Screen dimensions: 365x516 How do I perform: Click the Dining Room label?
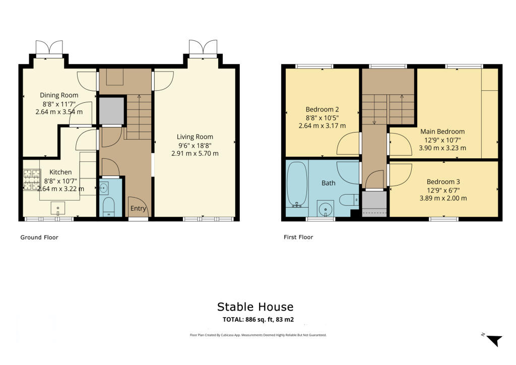tap(59, 95)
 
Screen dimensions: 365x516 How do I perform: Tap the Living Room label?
tap(195, 137)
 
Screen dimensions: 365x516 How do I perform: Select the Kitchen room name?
tap(60, 172)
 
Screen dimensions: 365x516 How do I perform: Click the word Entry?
tap(138, 209)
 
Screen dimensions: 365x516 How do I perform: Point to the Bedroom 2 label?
tap(322, 109)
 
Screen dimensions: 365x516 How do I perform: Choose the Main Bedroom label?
tap(443, 132)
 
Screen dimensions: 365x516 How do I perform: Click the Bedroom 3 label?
tap(443, 181)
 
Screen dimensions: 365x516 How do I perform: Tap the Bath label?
tap(329, 183)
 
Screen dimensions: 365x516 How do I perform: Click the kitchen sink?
tap(59, 207)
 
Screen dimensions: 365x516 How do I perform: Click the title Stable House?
tap(255, 307)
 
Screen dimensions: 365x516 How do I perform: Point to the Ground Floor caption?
tap(39, 237)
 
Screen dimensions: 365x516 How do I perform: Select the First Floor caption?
tap(298, 237)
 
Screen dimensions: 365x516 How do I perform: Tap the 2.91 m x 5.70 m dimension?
tap(195, 153)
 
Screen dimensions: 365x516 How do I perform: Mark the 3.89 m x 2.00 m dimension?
tap(443, 198)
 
